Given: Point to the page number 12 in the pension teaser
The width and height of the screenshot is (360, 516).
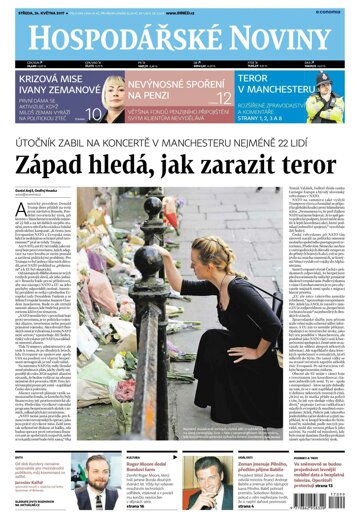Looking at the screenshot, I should [x=225, y=96].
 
